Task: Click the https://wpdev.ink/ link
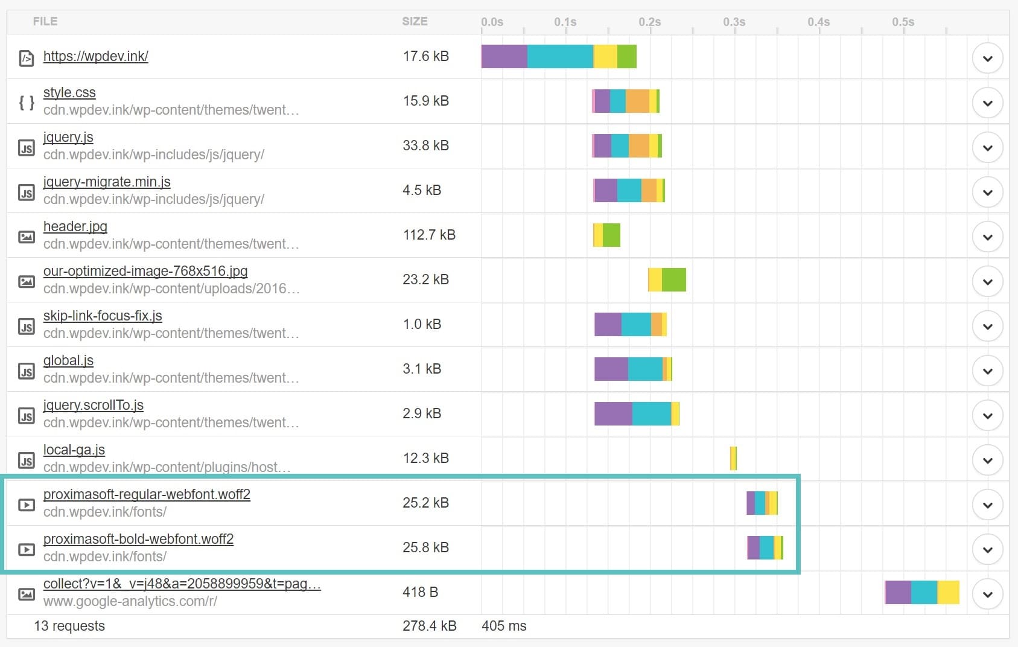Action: [95, 56]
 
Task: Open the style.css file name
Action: [69, 92]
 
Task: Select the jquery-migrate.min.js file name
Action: [107, 182]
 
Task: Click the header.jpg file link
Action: [75, 226]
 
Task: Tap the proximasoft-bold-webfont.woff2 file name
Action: [138, 539]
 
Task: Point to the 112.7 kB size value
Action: [429, 235]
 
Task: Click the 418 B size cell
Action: [420, 592]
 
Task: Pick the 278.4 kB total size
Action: [429, 626]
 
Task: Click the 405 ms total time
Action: [504, 626]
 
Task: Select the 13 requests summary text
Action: [69, 626]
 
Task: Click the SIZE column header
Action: [415, 21]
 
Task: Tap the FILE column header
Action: [45, 21]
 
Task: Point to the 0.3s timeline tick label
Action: [734, 22]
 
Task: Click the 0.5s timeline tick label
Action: [903, 22]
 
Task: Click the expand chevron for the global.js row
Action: [987, 371]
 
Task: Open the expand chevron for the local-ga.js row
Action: [987, 461]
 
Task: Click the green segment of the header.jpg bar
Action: [611, 235]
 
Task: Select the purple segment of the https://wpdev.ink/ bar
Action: [504, 56]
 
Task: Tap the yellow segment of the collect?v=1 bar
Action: [948, 592]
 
